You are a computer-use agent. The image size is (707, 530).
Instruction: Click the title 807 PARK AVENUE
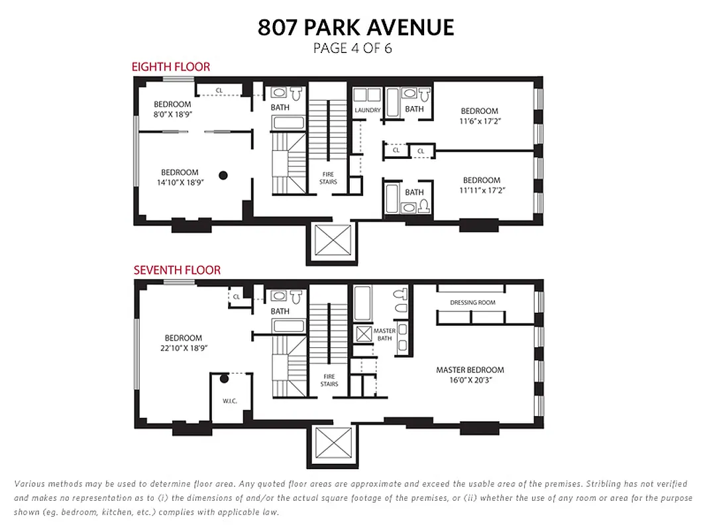pos(356,27)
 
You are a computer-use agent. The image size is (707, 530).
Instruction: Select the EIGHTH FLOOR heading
pos(170,67)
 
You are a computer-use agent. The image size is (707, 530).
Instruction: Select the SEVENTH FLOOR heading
pos(177,270)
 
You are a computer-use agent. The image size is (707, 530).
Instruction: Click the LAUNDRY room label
pos(367,110)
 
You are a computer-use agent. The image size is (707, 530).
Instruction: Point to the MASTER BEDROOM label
pos(470,370)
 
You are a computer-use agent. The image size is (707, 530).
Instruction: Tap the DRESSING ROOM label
pos(472,303)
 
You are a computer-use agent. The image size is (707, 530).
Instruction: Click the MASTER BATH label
pos(384,335)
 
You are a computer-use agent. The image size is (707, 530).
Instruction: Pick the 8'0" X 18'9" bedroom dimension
pos(172,113)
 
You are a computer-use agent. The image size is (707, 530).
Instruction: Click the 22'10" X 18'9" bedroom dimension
pos(183,347)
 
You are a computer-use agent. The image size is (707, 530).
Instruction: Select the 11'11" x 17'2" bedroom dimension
pos(482,189)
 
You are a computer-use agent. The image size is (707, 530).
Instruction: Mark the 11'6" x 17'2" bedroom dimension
pos(480,120)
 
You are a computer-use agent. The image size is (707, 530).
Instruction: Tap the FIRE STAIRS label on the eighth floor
pos(329,178)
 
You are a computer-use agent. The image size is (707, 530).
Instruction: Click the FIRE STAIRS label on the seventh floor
pos(329,380)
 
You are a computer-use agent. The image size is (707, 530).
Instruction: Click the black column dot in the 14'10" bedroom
pos(223,175)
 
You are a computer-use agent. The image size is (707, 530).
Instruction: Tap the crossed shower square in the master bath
pos(364,333)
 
